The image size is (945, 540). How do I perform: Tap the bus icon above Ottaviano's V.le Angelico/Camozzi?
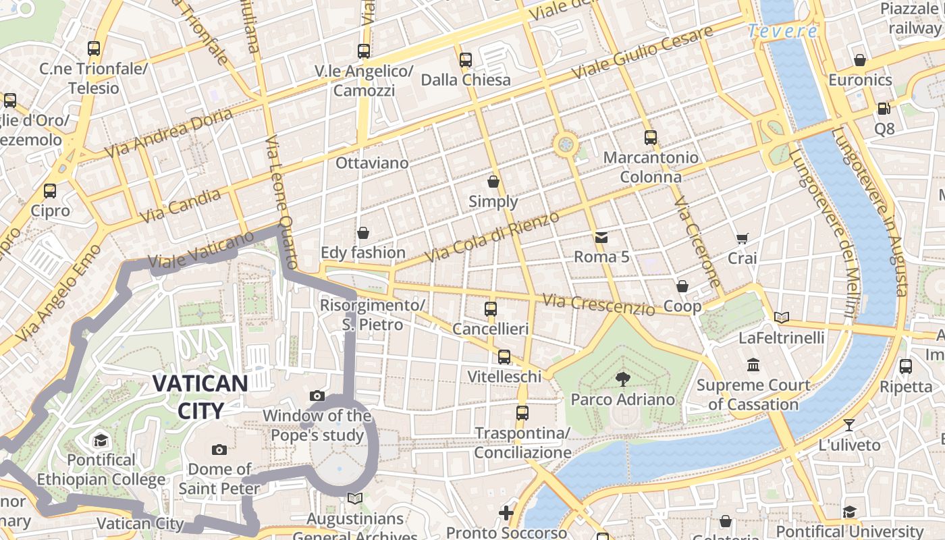tap(364, 51)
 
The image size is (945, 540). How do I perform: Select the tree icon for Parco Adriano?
tap(622, 379)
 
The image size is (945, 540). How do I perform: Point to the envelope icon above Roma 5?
tap(601, 237)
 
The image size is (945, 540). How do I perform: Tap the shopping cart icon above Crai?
tap(742, 238)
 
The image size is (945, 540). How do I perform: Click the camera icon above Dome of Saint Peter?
tap(219, 450)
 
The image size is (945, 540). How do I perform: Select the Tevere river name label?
tap(782, 31)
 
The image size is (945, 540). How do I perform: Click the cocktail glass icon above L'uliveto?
tap(849, 425)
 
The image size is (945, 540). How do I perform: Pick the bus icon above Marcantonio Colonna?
tap(650, 138)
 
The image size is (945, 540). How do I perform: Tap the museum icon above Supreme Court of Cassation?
tap(753, 365)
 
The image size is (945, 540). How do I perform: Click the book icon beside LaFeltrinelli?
tap(782, 317)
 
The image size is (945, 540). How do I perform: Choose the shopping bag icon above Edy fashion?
tap(363, 233)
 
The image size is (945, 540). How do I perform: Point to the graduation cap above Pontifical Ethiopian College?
tap(101, 440)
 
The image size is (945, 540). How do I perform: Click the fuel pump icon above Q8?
tap(884, 108)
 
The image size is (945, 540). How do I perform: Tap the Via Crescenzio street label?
tap(598, 304)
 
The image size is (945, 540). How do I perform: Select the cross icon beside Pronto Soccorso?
tap(506, 513)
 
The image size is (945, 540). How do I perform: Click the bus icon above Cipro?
tap(50, 191)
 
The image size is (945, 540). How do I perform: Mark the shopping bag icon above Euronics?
tap(860, 60)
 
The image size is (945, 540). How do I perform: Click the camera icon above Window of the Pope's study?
tap(317, 396)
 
